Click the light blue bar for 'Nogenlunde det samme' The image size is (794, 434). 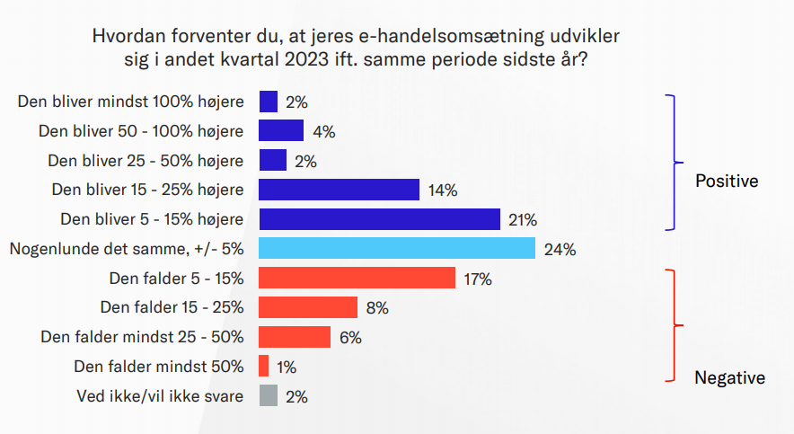[397, 248]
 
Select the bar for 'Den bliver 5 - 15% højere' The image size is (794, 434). [379, 219]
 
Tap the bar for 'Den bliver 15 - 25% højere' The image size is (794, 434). [339, 190]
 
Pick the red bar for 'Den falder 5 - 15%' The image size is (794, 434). [357, 278]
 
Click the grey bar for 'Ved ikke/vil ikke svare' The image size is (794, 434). [269, 395]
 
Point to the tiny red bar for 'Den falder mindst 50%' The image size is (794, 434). [264, 366]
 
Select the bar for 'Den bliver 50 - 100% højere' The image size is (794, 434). [281, 130]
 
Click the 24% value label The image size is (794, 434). [560, 250]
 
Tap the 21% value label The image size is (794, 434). [523, 220]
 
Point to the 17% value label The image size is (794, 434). [478, 279]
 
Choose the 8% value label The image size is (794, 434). [377, 308]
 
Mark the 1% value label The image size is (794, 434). [287, 368]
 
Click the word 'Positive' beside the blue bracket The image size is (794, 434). [727, 181]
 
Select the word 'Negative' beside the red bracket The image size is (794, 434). [729, 377]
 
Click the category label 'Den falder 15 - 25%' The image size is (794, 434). [172, 307]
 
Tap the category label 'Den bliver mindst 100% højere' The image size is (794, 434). [130, 102]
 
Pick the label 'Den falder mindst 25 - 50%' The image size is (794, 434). [142, 337]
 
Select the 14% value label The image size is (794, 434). [443, 190]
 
